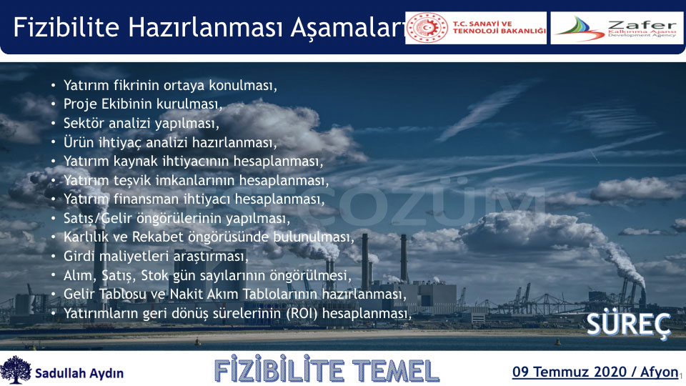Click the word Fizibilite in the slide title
pyautogui.click(x=66, y=27)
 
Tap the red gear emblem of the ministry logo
pyautogui.click(x=427, y=28)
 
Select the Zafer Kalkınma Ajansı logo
pyautogui.click(x=617, y=28)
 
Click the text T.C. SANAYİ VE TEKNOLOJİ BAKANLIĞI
pyautogui.click(x=499, y=27)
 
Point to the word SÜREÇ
pyautogui.click(x=628, y=325)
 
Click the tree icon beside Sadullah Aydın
pyautogui.click(x=15, y=370)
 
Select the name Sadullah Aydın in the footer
pyautogui.click(x=79, y=373)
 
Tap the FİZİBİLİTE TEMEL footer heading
pyautogui.click(x=327, y=371)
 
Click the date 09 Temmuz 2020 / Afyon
pyautogui.click(x=595, y=372)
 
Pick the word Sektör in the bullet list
pyautogui.click(x=84, y=123)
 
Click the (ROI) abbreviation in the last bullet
pyautogui.click(x=302, y=313)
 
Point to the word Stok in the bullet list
pyautogui.click(x=154, y=275)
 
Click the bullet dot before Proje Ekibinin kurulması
pyautogui.click(x=54, y=104)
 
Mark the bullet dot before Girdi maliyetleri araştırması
pyautogui.click(x=54, y=257)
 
